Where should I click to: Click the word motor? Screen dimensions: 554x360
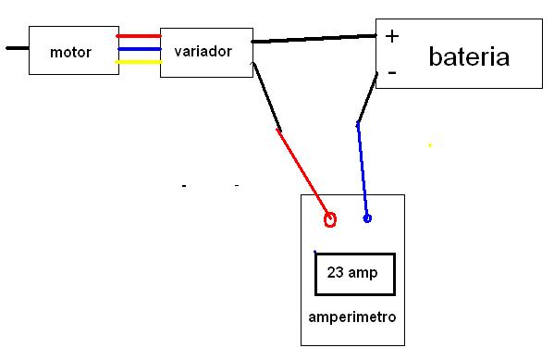(70, 53)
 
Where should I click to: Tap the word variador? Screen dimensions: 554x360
(203, 51)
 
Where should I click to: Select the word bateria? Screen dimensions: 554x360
(469, 56)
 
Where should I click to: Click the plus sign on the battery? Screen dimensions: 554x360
(392, 36)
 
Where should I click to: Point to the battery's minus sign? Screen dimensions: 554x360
(392, 72)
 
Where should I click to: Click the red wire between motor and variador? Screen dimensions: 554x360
(139, 36)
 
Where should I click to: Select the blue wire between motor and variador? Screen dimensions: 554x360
(140, 49)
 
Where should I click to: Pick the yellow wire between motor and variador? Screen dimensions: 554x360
(139, 62)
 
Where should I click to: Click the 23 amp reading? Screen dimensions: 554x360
(352, 273)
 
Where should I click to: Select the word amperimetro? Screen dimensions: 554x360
(352, 317)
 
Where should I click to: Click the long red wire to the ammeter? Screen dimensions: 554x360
(304, 174)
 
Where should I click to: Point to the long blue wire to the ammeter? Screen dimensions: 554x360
(363, 169)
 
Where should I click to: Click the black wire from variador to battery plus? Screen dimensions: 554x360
(314, 39)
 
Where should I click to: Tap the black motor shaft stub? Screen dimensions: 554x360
(18, 48)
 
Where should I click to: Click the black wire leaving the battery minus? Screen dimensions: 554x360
(367, 97)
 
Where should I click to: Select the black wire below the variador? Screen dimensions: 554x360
(266, 96)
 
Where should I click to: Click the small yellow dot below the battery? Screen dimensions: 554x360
(430, 145)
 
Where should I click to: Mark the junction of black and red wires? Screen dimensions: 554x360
(278, 130)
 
